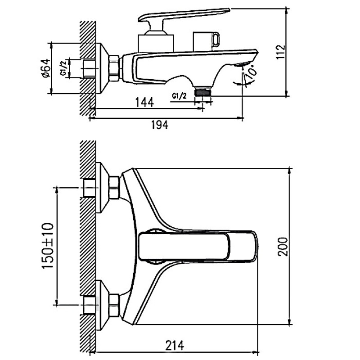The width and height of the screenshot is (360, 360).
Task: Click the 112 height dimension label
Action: [x=280, y=52]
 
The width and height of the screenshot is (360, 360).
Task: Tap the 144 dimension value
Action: [x=144, y=102]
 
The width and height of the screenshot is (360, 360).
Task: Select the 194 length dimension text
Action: [x=160, y=125]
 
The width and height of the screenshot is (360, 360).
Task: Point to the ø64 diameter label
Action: [x=46, y=68]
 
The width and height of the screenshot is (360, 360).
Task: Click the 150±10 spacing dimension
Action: [x=48, y=245]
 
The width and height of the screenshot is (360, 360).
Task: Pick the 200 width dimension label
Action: [x=283, y=247]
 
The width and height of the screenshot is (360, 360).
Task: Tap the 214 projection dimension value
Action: [x=175, y=345]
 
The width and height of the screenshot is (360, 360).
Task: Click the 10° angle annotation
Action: [x=252, y=72]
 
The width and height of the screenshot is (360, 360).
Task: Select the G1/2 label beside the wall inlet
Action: [x=63, y=68]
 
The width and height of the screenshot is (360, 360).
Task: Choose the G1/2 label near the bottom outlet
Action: [x=179, y=96]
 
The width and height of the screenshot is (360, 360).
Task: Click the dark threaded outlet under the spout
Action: [x=203, y=93]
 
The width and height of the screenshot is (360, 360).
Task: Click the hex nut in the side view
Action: [x=114, y=68]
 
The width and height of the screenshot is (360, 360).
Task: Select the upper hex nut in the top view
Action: [x=114, y=188]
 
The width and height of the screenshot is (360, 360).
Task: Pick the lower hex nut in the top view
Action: [x=114, y=306]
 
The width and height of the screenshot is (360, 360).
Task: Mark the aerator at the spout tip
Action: [x=242, y=64]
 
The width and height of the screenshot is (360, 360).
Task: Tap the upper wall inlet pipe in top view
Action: [x=90, y=188]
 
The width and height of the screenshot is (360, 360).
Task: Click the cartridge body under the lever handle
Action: [x=156, y=43]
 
